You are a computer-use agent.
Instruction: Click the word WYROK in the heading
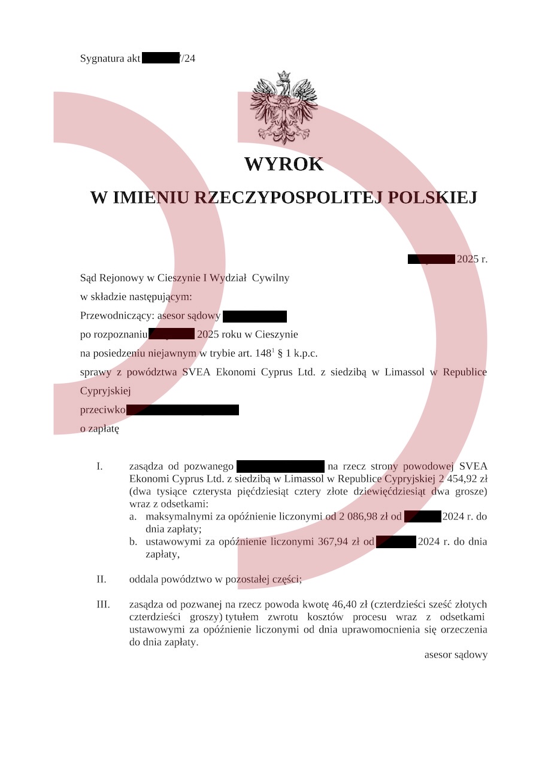pos(284,164)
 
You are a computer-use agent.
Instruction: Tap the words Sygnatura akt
pos(110,59)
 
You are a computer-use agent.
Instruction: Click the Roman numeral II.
pos(101,579)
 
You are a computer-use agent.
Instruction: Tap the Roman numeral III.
pos(103,604)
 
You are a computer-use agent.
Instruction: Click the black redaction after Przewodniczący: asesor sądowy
pos(255,317)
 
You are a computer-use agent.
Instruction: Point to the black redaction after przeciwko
pos(183,410)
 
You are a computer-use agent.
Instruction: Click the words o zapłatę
pos(99,429)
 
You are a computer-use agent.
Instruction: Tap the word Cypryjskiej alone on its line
pos(105,391)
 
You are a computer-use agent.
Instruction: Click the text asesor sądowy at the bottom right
pos(456,655)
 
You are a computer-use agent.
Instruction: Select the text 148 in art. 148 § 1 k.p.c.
pos(262,354)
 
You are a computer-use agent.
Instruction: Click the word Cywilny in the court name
pos(271,278)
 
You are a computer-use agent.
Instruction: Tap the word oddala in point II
pos(142,579)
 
